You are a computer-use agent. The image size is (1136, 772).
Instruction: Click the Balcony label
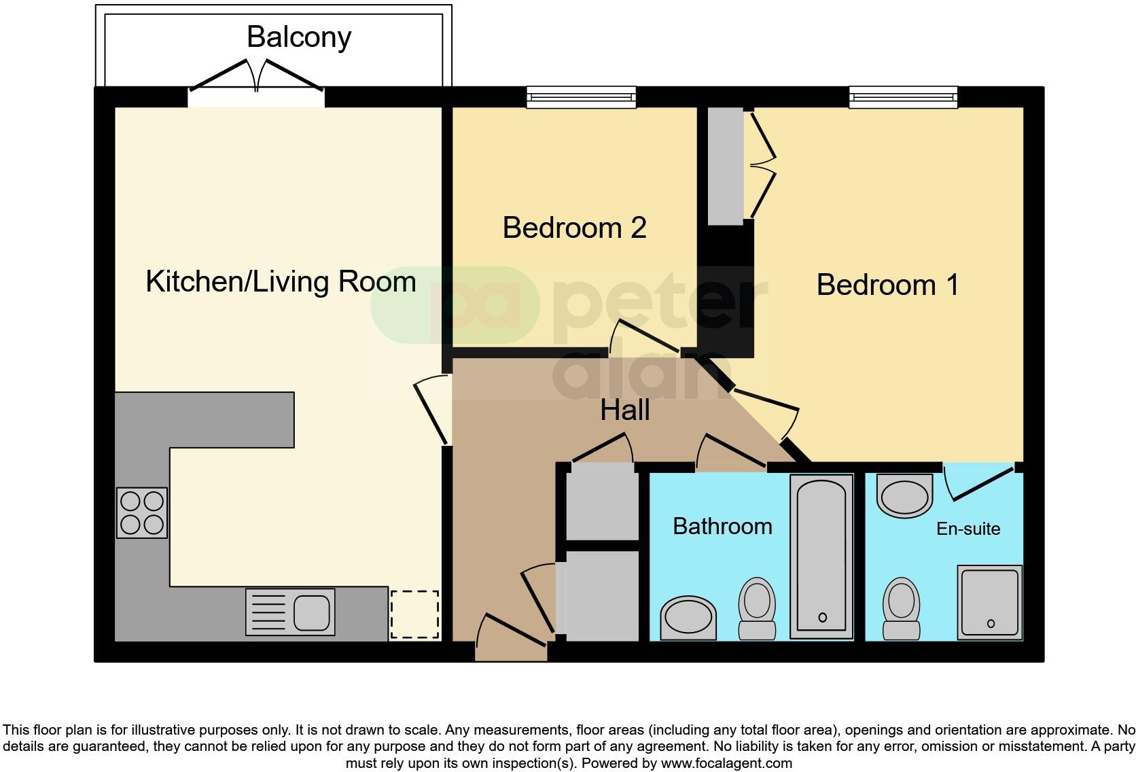point(298,37)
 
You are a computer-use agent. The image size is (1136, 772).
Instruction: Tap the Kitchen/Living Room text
point(281,281)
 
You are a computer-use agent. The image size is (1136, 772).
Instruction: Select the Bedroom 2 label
point(574,228)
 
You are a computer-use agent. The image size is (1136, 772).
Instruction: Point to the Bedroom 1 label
point(887,285)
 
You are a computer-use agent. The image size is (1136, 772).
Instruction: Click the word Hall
point(625,410)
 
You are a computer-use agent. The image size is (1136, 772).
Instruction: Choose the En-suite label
point(968,529)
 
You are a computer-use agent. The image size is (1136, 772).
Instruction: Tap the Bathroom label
point(722,527)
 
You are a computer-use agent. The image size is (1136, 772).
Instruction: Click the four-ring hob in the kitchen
point(142,513)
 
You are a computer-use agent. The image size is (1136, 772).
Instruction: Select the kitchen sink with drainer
point(290,612)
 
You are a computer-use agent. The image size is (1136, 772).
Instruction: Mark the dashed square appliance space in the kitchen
point(414,614)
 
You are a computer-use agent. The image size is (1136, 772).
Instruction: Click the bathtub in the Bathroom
point(821,557)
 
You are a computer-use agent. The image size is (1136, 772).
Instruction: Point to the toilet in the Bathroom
point(757,608)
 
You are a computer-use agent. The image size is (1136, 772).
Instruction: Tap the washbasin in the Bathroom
point(688,618)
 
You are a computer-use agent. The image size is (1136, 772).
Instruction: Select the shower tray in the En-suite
point(990,602)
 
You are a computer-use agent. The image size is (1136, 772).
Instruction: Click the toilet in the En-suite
point(901,608)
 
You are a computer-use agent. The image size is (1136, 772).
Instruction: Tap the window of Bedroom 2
point(582,97)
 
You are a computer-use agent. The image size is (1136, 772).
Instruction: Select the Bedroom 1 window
point(903,97)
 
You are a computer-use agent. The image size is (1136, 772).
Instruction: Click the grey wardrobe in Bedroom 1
point(726,166)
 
